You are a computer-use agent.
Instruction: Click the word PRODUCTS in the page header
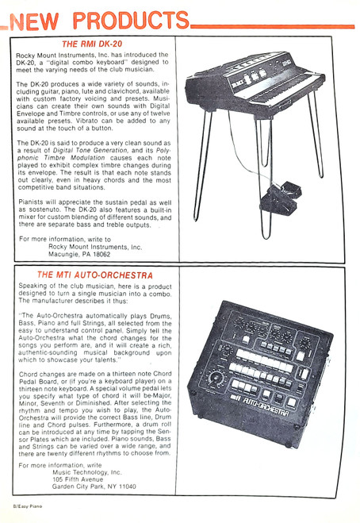(x=131, y=21)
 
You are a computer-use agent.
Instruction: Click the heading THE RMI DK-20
(x=92, y=44)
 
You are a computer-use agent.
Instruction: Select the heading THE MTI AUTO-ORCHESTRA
(x=95, y=275)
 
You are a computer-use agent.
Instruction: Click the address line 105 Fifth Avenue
(x=78, y=479)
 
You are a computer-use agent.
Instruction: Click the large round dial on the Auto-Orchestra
(x=216, y=379)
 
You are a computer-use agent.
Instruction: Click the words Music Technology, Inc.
(x=87, y=472)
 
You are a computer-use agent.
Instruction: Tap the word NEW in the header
(x=34, y=21)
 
